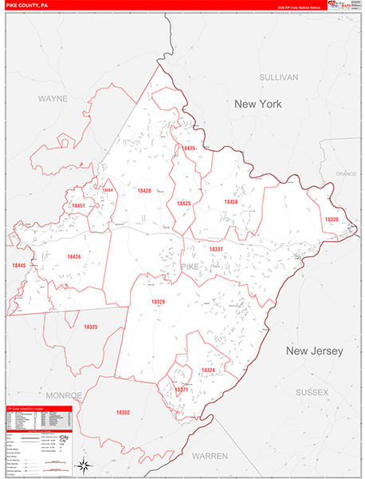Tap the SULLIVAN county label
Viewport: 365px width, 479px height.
click(278, 77)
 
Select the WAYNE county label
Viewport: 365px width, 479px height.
click(53, 99)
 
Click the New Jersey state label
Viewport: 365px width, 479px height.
click(314, 351)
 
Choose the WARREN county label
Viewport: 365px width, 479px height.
click(210, 456)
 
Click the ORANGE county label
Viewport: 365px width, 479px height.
click(346, 173)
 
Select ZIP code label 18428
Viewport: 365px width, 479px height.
click(143, 191)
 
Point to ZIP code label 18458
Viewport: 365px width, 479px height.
click(230, 202)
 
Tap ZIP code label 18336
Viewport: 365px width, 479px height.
click(332, 220)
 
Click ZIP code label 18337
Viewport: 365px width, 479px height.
click(216, 249)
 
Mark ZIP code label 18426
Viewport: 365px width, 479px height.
click(74, 256)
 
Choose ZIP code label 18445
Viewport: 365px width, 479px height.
click(19, 265)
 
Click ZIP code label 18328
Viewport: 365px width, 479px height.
click(158, 302)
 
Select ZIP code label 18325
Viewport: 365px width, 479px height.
click(91, 327)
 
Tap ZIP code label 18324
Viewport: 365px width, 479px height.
click(208, 370)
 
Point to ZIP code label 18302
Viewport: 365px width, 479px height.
click(123, 412)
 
